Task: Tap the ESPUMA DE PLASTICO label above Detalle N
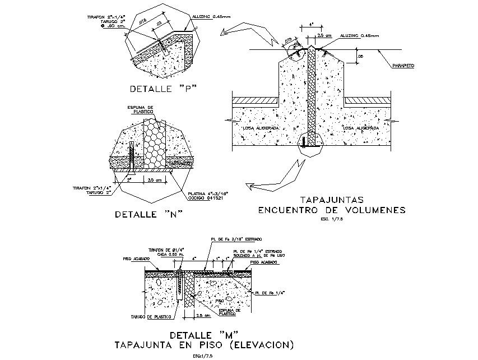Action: (140, 109)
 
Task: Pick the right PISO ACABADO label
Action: (262, 262)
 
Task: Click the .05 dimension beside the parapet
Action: (360, 57)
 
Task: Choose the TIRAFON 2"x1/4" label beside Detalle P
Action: (106, 17)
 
